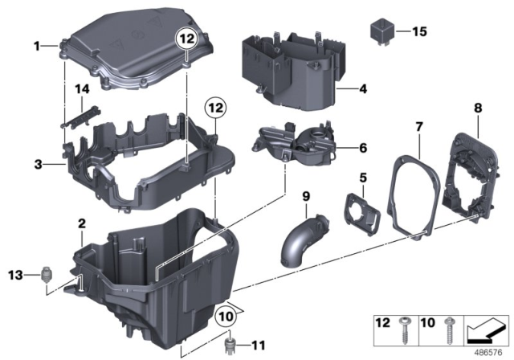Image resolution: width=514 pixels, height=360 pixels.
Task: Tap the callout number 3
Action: (37, 164)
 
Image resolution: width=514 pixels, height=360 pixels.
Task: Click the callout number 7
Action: (418, 126)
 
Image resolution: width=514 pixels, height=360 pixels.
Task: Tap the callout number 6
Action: (362, 147)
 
